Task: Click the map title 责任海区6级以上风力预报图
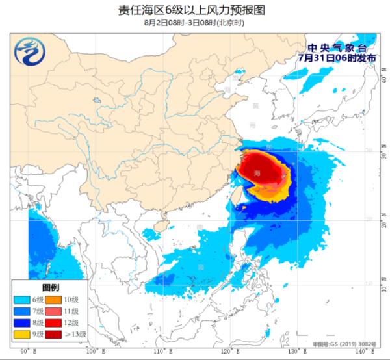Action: pyautogui.click(x=196, y=10)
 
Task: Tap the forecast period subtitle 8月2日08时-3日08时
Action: pyautogui.click(x=196, y=23)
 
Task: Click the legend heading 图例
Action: pyautogui.click(x=51, y=287)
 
